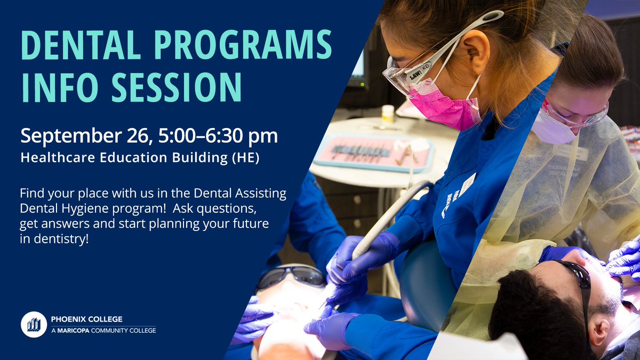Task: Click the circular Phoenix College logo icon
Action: tap(34, 324)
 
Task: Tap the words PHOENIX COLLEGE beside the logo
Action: tap(86, 319)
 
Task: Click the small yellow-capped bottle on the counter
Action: tap(388, 114)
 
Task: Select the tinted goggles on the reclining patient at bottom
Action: tap(291, 276)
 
